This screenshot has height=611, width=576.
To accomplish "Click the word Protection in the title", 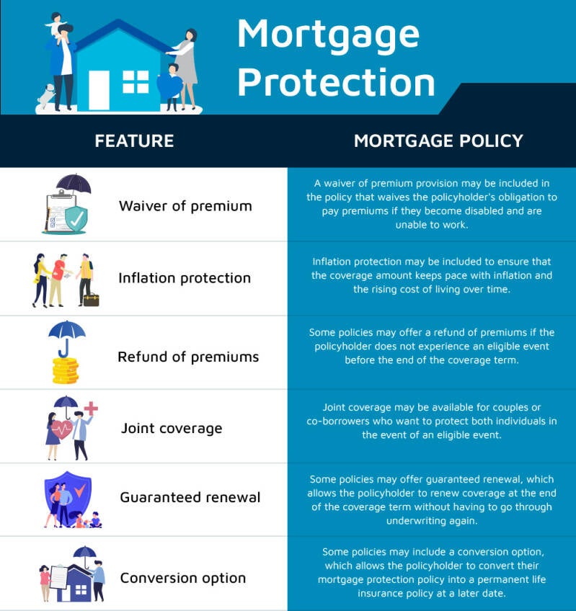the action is point(336,82).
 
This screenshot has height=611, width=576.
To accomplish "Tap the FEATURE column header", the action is point(134,141).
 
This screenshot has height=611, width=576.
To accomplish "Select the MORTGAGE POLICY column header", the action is point(438,141).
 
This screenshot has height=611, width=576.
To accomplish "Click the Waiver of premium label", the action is point(185,206).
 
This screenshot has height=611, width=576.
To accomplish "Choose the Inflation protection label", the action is point(185,278).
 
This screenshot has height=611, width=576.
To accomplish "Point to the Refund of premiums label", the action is point(188,357).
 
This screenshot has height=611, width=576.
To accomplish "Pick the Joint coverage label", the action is point(171,428).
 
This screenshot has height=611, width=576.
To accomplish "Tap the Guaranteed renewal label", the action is point(190,497).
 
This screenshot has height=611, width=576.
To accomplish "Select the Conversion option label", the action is point(183,578).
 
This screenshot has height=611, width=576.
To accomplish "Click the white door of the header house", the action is point(99,90).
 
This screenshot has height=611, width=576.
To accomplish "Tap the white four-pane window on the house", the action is point(136,82).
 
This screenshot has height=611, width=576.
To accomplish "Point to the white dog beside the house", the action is point(45,95).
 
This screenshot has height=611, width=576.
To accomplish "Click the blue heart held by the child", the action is point(169,86).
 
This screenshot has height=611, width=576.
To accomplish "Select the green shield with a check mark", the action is point(76,219).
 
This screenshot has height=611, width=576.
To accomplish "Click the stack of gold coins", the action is point(66,371).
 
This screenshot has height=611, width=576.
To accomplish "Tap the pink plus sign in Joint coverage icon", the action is point(91,409).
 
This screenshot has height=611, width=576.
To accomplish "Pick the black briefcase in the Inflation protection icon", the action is point(92,300).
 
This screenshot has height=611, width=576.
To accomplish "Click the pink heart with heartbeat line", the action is point(61,430).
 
